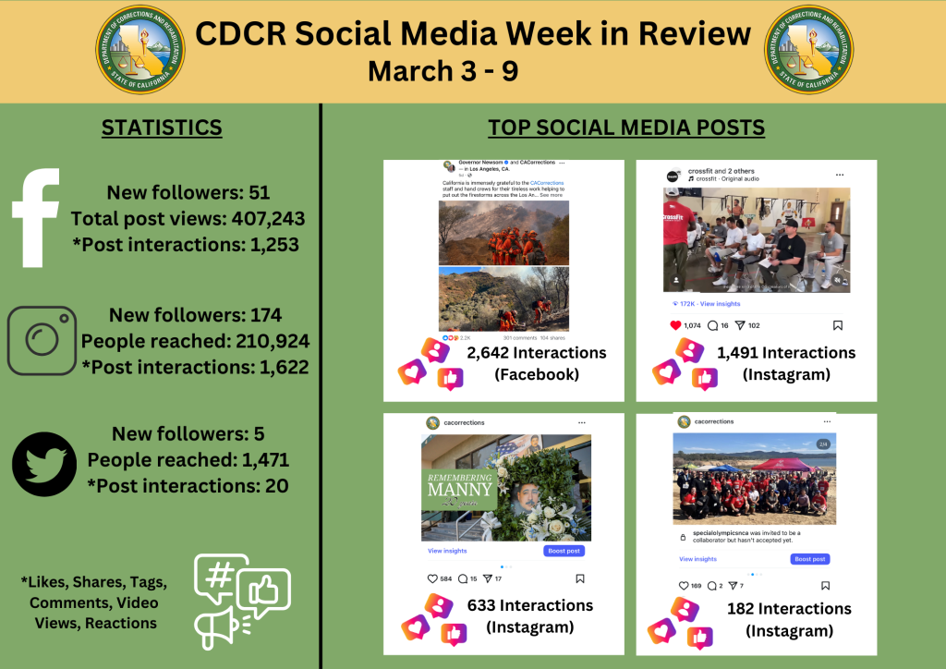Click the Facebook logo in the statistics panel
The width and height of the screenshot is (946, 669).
[x=36, y=218]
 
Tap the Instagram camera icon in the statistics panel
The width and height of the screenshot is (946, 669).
[x=42, y=340]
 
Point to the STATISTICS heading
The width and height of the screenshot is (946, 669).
[x=162, y=128]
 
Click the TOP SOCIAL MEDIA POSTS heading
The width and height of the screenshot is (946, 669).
[x=626, y=128]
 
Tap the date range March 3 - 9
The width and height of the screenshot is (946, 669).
[x=443, y=71]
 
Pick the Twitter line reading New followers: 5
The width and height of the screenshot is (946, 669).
[x=188, y=433]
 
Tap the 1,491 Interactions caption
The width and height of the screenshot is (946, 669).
[x=786, y=353]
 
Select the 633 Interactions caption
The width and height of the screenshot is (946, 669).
[x=530, y=605]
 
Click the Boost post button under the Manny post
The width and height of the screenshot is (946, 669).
[x=564, y=551]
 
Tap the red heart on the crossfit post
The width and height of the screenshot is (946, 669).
[x=674, y=325]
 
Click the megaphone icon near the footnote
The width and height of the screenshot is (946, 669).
[x=214, y=626]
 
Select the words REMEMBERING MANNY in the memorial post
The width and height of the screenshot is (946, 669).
[x=460, y=487]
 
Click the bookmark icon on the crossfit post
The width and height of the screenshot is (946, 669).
[x=838, y=325]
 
